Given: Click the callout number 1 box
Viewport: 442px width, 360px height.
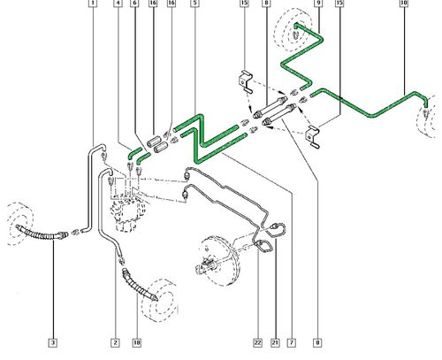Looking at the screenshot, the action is pos(93,3).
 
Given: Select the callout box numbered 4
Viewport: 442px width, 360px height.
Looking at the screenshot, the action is pos(118,3).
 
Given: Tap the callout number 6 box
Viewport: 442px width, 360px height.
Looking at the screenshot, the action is pos(135,3).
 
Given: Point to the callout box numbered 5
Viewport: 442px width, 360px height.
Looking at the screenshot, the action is pos(194,3).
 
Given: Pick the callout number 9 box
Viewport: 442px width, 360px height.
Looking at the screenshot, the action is pos(318,3).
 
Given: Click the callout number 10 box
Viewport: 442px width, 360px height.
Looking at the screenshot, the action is pos(404,3).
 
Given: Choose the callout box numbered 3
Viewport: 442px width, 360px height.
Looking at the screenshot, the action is pos(53,342).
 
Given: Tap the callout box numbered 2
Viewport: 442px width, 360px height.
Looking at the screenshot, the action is pos(115,342).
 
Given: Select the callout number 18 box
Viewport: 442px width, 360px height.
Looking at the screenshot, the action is pos(137,342).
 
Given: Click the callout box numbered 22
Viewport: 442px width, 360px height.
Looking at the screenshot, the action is pos(257,342).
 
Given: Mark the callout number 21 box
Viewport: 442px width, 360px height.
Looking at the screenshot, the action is pos(275,342).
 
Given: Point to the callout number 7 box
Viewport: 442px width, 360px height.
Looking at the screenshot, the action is pos(292,342).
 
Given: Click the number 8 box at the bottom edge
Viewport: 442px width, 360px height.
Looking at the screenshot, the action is pos(317,342).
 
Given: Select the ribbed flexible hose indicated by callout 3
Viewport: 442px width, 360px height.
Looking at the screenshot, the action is pos(42,233).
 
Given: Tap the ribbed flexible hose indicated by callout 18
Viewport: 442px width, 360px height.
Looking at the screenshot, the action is pos(139,286).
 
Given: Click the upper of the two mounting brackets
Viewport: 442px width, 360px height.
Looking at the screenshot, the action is pos(245,81).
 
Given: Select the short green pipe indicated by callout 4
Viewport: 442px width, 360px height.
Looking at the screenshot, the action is pos(135,153).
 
